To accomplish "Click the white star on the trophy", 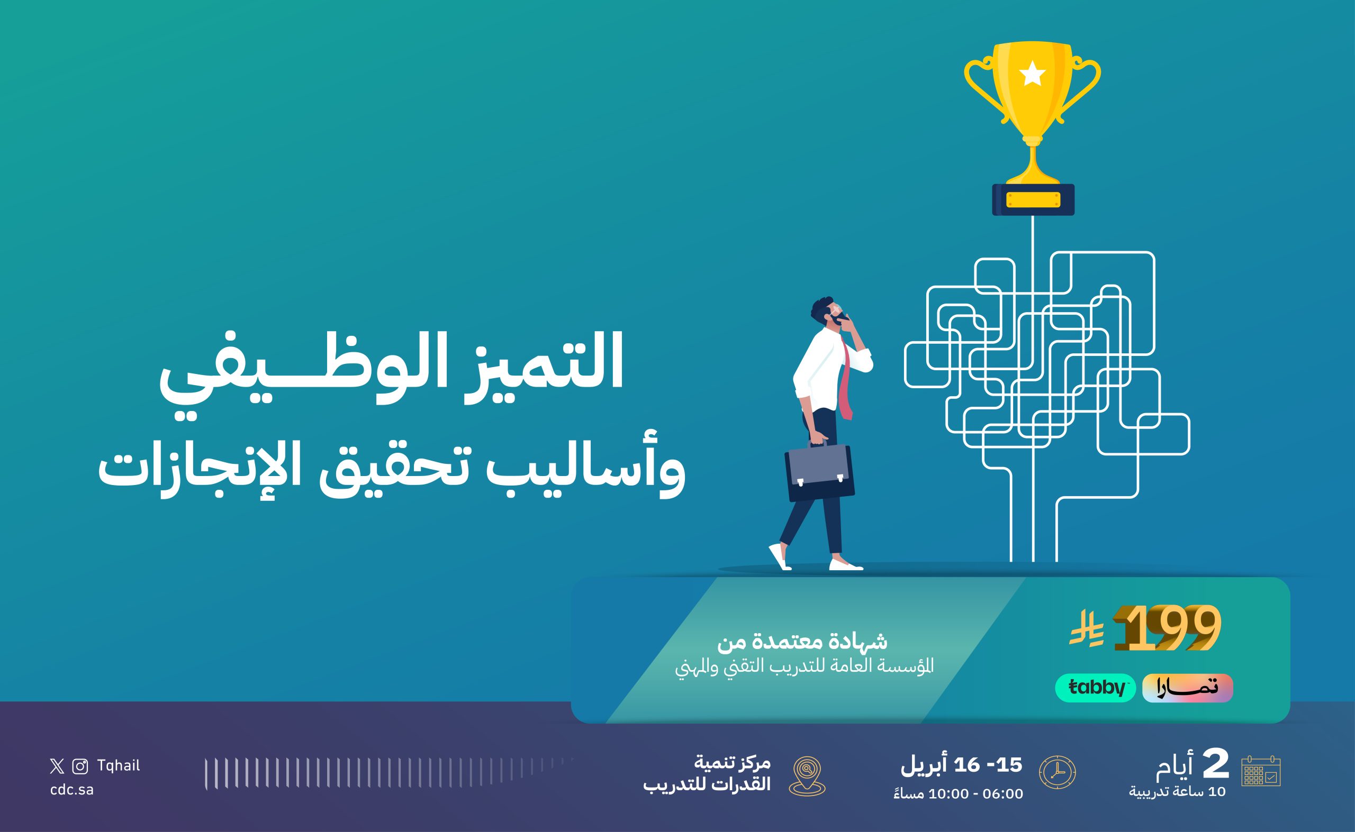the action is point(1032,74).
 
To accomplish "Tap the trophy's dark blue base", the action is point(1033,199).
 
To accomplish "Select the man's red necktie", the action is point(846,379).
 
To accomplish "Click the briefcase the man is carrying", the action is point(820,472).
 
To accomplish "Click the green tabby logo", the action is point(1095,688).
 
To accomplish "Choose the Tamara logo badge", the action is point(1188,688).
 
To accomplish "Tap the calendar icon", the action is point(1261,771).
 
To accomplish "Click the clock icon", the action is point(1057,772).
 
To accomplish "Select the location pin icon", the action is point(807,776).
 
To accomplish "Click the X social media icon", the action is point(57,766).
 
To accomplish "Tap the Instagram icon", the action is point(80,766).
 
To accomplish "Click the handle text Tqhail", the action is point(119,765).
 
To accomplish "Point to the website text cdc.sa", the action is point(71,790).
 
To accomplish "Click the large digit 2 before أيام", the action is point(1215,765).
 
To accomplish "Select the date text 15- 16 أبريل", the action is point(961,765).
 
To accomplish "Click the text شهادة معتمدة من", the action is point(803,642).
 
